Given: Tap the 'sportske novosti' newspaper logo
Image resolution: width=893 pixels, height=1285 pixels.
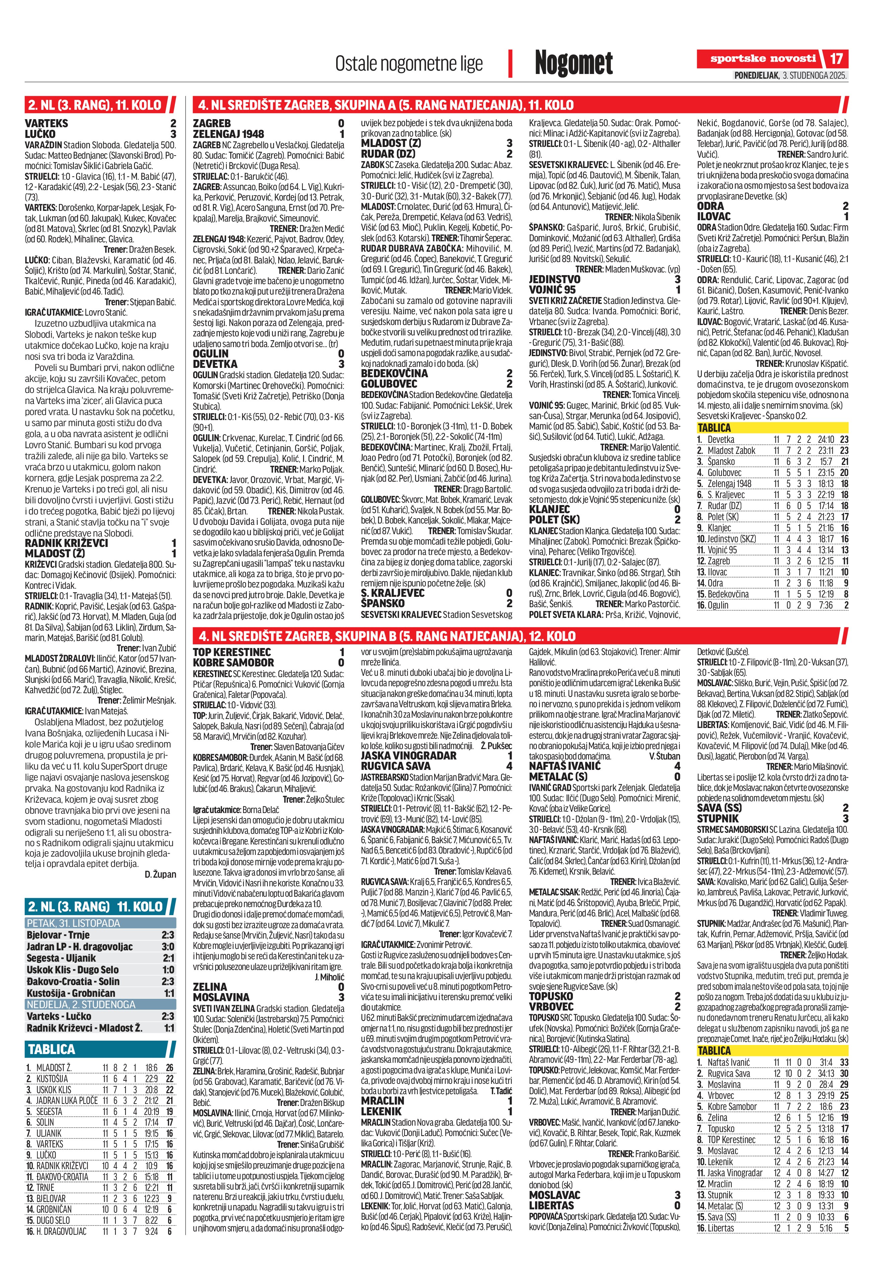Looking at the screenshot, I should click(763, 59).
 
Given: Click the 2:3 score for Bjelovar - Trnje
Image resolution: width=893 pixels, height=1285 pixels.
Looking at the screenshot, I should click(167, 935).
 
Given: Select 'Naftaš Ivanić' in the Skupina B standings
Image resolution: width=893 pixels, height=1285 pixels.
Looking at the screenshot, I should click(729, 1062).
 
